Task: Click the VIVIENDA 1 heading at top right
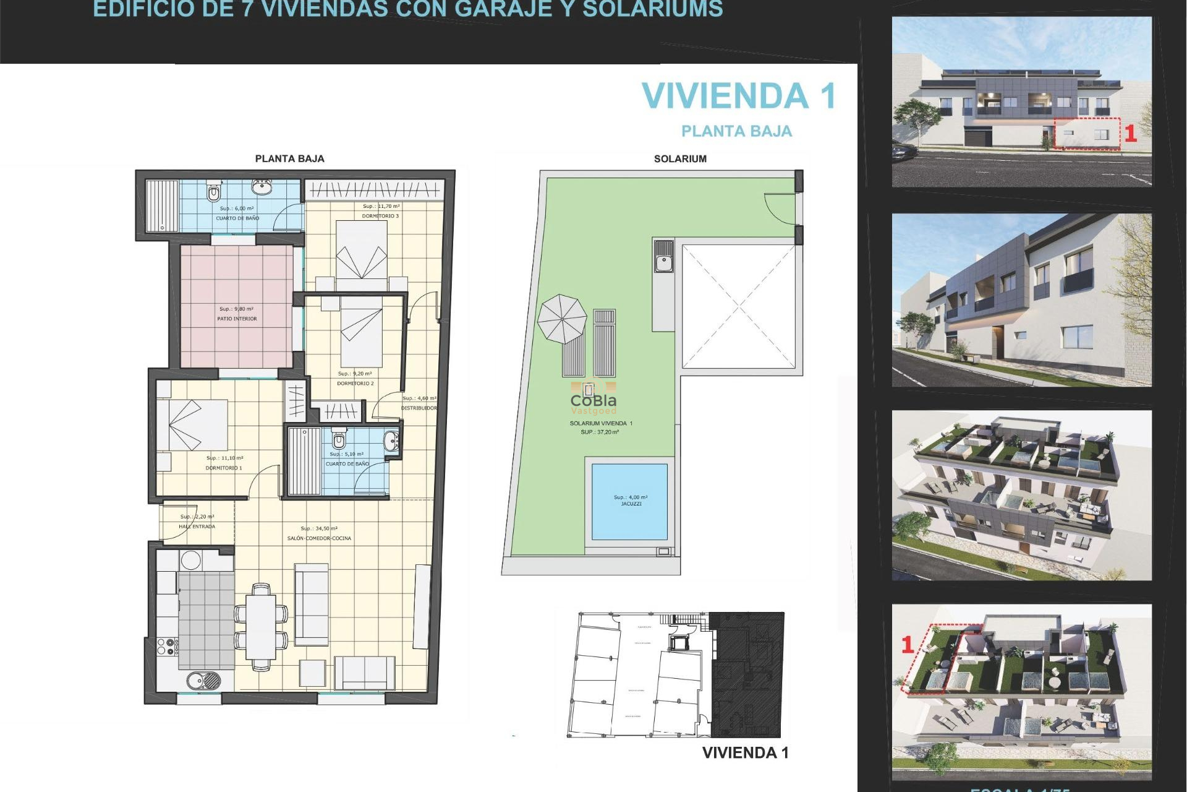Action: coord(739,97)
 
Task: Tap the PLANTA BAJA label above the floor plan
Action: coord(289,158)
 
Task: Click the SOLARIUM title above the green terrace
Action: coord(680,159)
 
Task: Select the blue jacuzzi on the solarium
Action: coord(629,501)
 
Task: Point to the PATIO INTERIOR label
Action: coord(237,319)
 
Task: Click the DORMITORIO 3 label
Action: coord(380,216)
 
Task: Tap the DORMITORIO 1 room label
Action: coord(224,468)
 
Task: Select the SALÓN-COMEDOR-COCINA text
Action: coord(319,538)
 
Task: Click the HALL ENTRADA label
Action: coord(197,527)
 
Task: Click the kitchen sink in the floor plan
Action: coord(203,680)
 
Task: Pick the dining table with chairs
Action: coord(261,627)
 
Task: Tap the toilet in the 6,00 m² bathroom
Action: coord(213,192)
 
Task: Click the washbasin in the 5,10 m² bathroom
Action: coord(391,441)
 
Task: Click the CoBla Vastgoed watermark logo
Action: coord(593,402)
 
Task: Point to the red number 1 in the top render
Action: coord(1130,134)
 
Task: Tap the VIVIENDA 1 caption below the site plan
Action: coord(745,753)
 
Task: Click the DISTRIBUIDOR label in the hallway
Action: coord(419,408)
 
